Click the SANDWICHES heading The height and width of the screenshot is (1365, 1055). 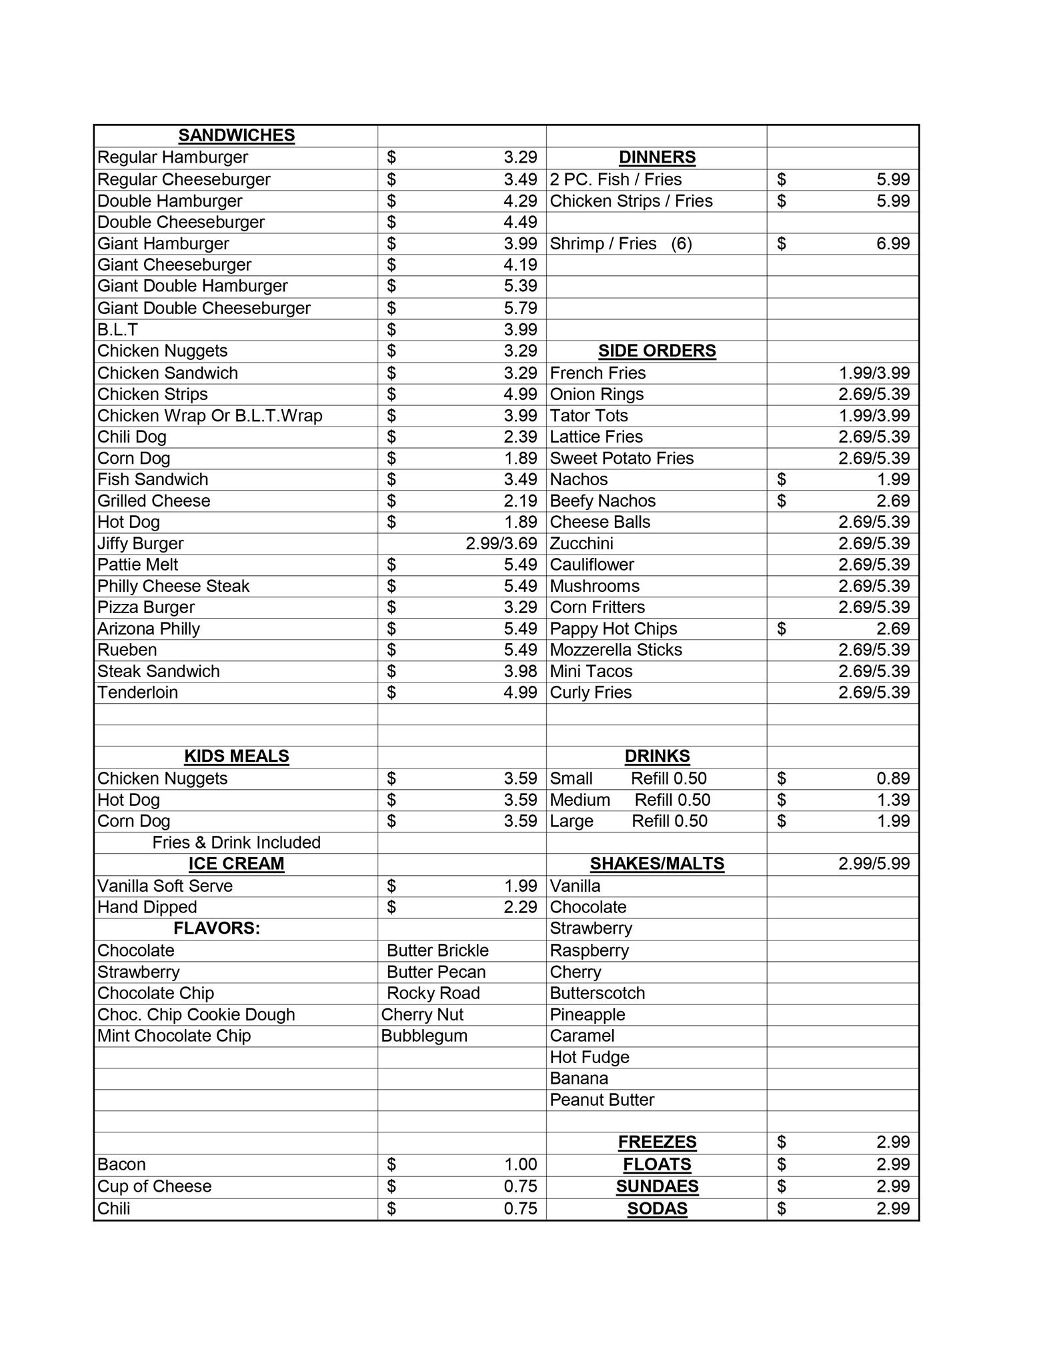click(x=236, y=135)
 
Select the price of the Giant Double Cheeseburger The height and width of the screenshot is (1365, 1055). click(x=520, y=308)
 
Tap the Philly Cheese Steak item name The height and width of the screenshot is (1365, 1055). click(x=173, y=586)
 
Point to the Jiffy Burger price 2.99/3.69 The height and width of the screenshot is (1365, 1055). click(x=501, y=543)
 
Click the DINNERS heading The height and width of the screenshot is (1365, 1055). click(x=657, y=157)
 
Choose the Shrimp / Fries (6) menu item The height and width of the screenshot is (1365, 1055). click(x=620, y=244)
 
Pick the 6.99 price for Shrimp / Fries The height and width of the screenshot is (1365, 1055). click(x=893, y=244)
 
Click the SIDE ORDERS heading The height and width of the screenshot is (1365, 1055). click(x=657, y=351)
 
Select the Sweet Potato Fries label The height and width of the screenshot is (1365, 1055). click(x=622, y=458)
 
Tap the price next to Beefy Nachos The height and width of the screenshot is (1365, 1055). click(x=893, y=501)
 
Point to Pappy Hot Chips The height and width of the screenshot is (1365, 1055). click(x=613, y=629)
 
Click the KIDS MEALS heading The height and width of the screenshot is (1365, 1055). click(x=236, y=756)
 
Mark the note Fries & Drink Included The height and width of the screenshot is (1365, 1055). click(x=236, y=842)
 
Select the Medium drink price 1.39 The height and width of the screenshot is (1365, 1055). click(x=893, y=800)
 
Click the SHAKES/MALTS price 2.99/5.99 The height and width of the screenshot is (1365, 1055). click(x=874, y=864)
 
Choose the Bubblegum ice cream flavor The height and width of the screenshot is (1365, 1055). click(x=424, y=1036)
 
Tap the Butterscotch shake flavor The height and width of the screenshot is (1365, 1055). click(x=597, y=993)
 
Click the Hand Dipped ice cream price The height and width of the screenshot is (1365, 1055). click(x=520, y=907)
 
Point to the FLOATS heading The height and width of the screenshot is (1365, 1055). click(x=657, y=1164)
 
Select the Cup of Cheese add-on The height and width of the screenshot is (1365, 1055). click(x=154, y=1186)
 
